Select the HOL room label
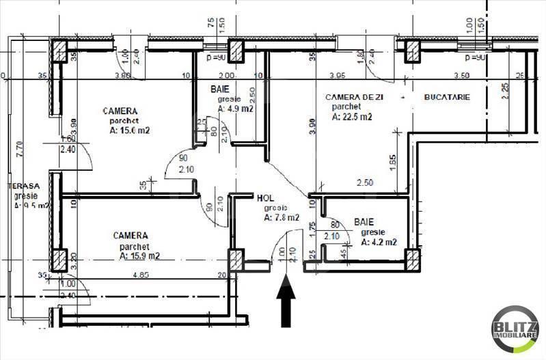click(x=265, y=197)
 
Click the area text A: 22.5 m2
click(x=352, y=117)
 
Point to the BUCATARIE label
click(x=447, y=98)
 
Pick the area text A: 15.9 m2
click(x=139, y=256)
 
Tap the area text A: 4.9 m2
click(x=236, y=108)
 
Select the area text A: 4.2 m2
click(x=379, y=241)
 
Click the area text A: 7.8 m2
click(x=281, y=218)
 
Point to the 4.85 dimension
click(x=141, y=275)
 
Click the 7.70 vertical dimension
click(x=20, y=150)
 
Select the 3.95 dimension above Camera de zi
click(x=336, y=75)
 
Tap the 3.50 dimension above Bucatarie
click(x=461, y=75)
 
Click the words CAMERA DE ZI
click(x=354, y=98)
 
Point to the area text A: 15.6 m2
click(x=129, y=132)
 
